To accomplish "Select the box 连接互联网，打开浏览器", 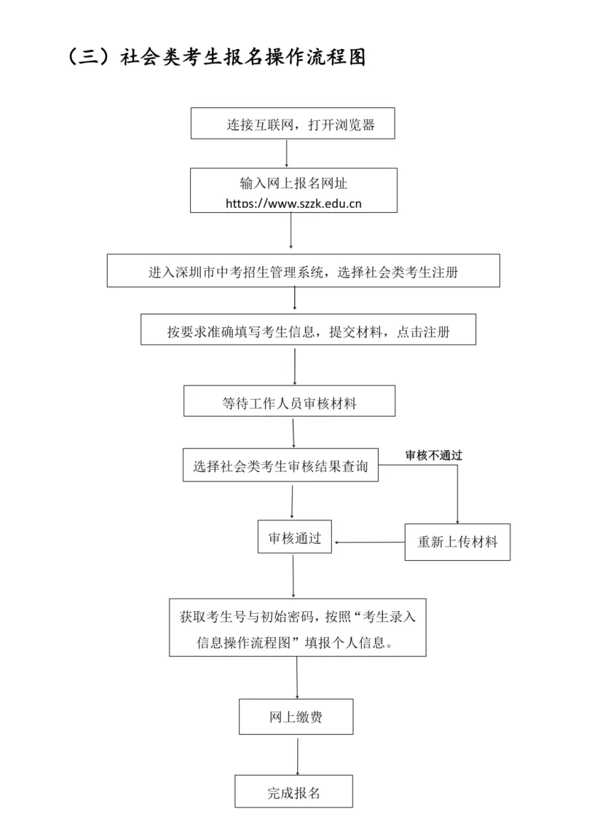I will click(292, 125).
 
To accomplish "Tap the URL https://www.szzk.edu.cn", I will click(294, 203).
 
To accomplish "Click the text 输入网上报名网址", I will click(293, 183).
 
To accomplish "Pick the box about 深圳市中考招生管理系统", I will click(303, 271).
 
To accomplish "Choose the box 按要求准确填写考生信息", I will click(308, 330).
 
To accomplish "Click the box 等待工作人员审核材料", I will click(289, 402).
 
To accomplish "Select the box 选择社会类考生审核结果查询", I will click(280, 466).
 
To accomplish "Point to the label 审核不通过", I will click(433, 456).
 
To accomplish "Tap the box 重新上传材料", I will click(457, 542).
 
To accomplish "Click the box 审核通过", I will click(294, 538).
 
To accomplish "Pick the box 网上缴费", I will click(296, 718).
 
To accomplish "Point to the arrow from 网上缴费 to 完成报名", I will click(297, 754).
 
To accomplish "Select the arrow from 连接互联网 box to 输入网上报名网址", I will click(287, 153).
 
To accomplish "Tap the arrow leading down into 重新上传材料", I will click(457, 497).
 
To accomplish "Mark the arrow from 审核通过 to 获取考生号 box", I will click(294, 576).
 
